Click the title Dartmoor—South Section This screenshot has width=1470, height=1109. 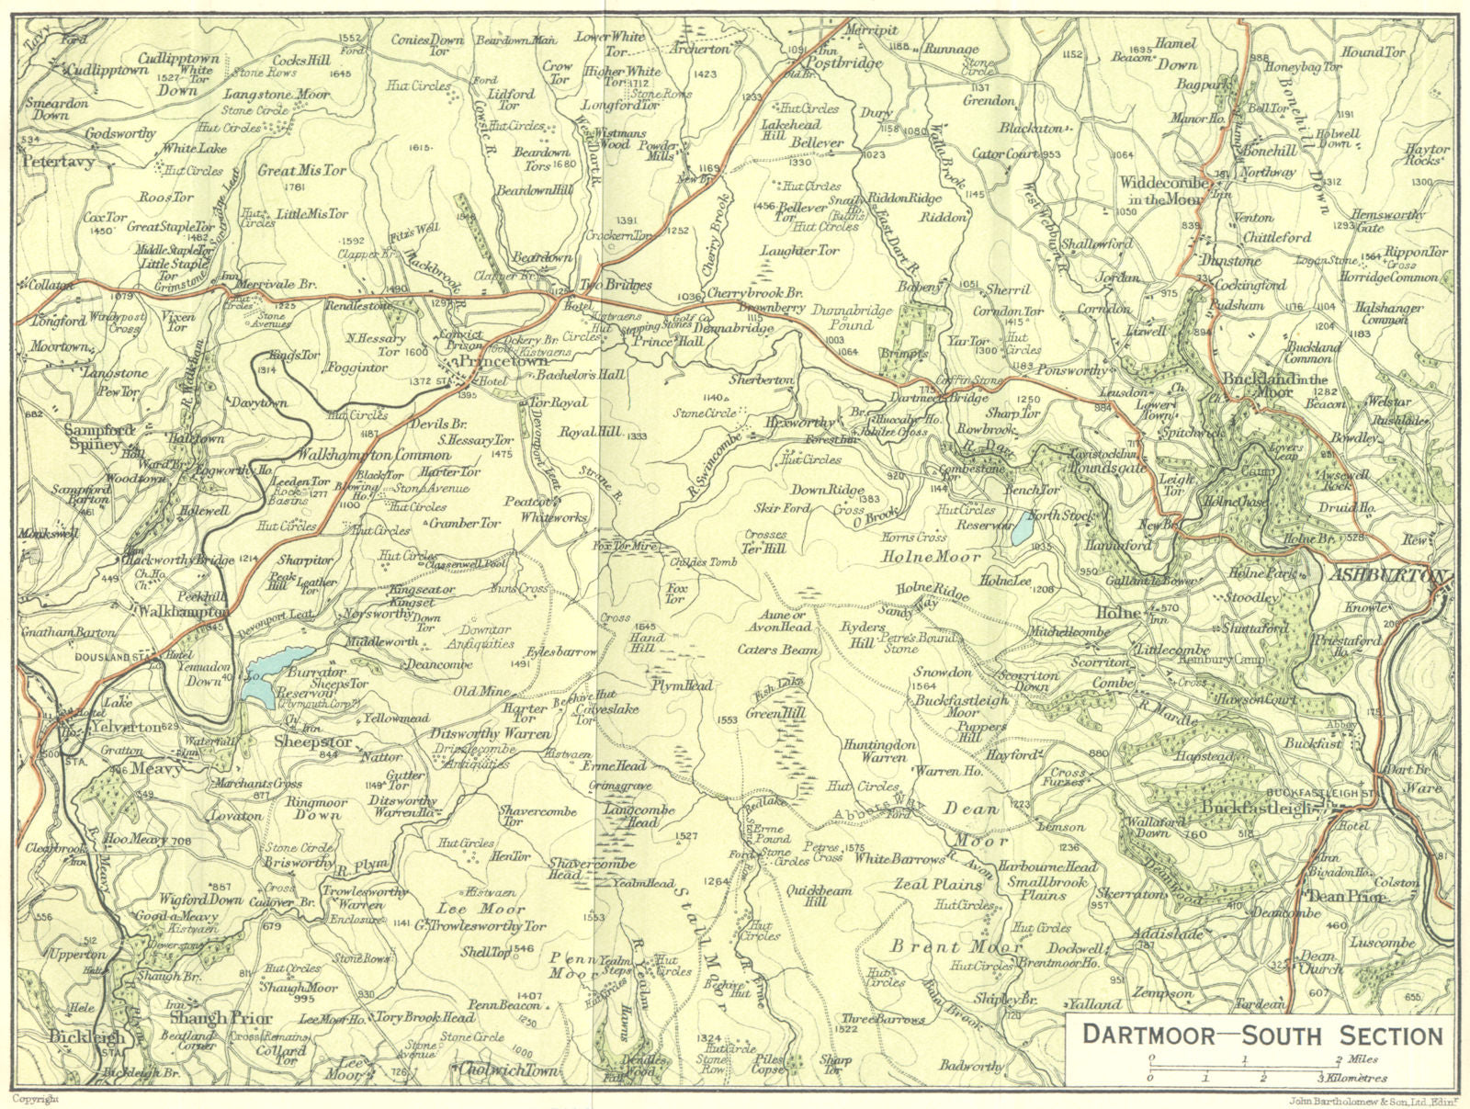pyautogui.click(x=1261, y=1035)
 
